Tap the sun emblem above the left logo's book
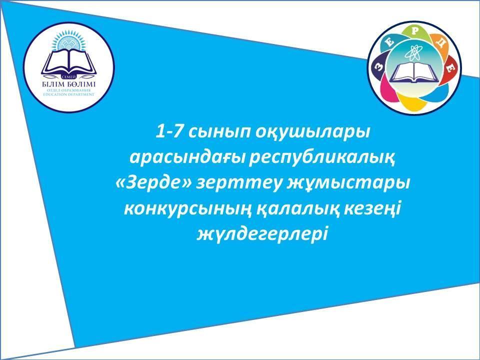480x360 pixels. [x=69, y=41]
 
